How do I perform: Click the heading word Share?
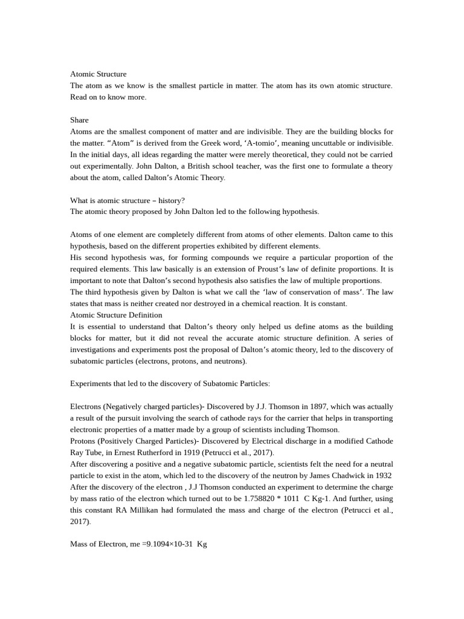[x=79, y=120]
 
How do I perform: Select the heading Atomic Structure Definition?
[x=116, y=315]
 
